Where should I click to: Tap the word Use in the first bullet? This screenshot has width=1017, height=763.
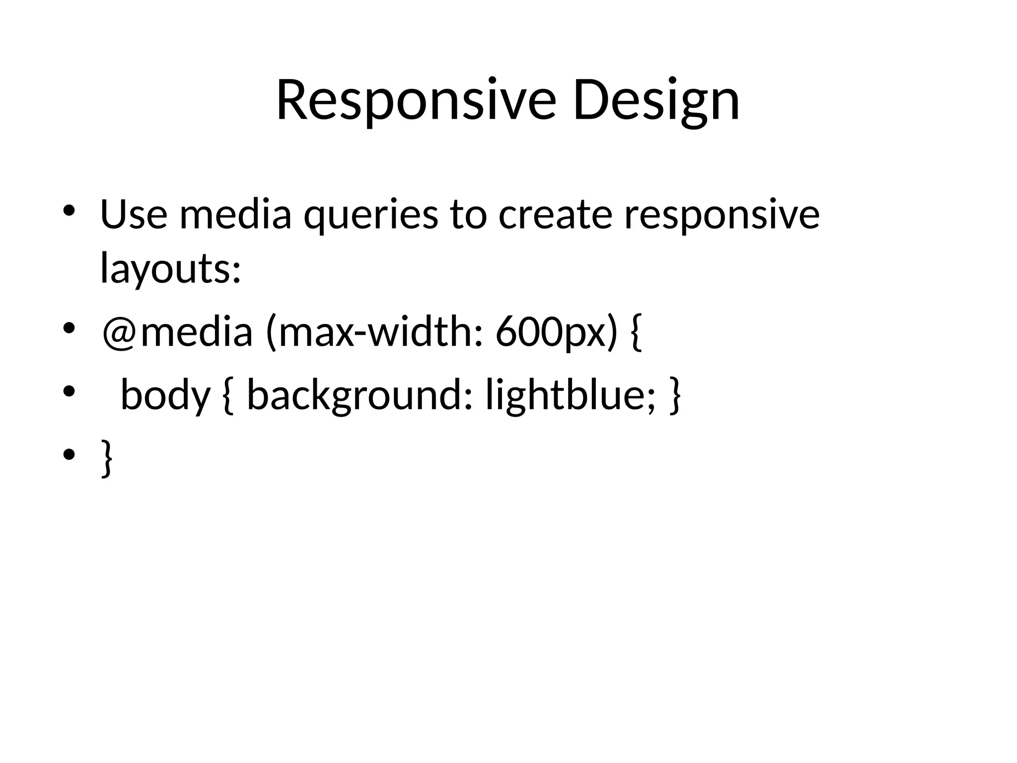(134, 214)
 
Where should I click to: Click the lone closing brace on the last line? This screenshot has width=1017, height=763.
(106, 458)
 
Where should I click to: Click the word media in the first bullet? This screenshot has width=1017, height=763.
(235, 214)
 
